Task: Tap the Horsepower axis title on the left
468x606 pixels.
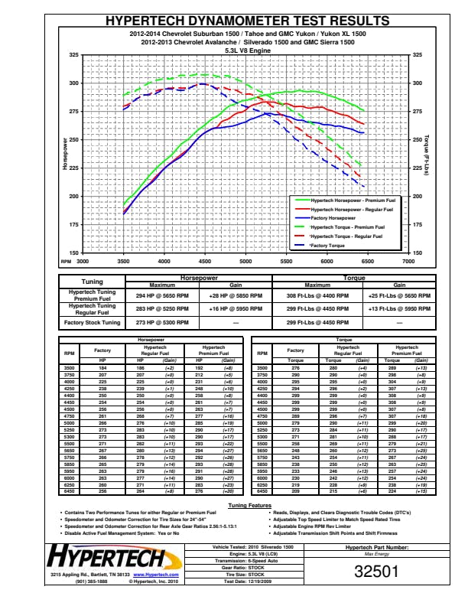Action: pyautogui.click(x=66, y=153)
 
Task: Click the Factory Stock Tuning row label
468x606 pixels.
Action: pyautogui.click(x=92, y=323)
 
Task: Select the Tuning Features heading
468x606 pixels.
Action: pyautogui.click(x=249, y=506)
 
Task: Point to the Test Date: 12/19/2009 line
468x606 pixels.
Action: pyautogui.click(x=252, y=582)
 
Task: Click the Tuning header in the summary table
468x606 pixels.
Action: pyautogui.click(x=92, y=282)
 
